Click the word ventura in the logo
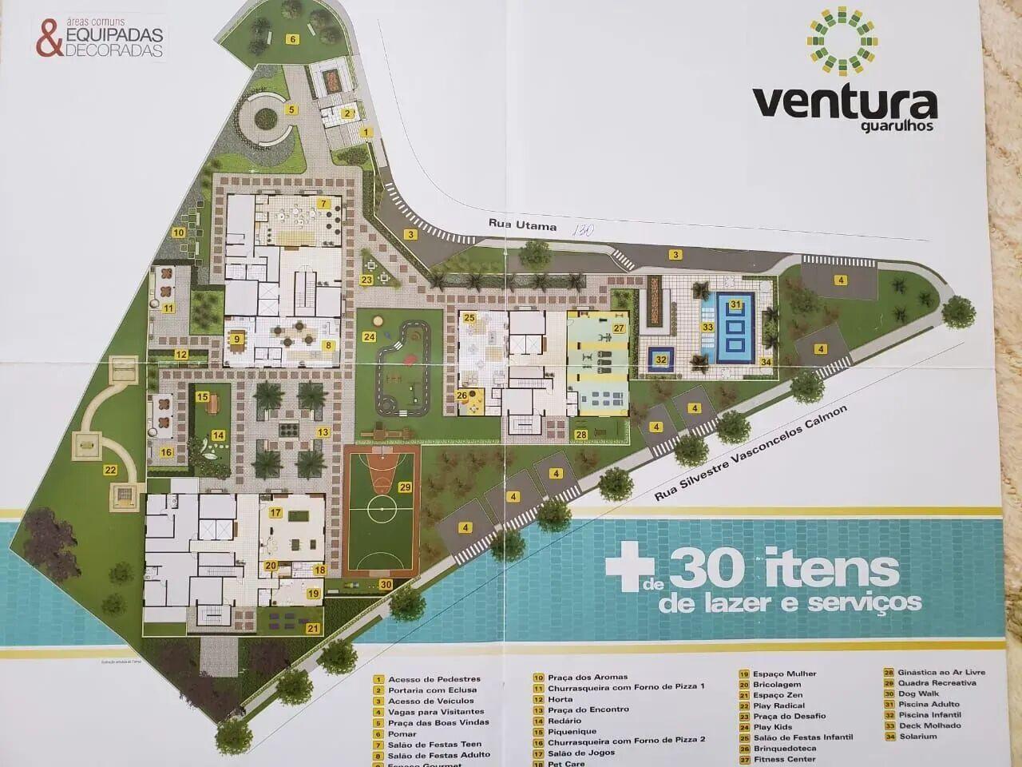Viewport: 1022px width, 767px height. pyautogui.click(x=844, y=103)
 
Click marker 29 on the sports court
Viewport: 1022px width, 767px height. pyautogui.click(x=406, y=487)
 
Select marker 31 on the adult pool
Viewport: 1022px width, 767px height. pyautogui.click(x=736, y=304)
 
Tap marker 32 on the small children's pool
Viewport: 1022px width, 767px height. pyautogui.click(x=661, y=360)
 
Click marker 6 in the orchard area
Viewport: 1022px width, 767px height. pyautogui.click(x=292, y=39)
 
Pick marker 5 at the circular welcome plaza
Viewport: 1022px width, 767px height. pyautogui.click(x=292, y=109)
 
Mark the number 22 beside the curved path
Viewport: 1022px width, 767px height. pyautogui.click(x=110, y=471)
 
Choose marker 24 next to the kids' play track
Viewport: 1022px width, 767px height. pyautogui.click(x=369, y=336)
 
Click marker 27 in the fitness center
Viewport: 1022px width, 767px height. pyautogui.click(x=618, y=328)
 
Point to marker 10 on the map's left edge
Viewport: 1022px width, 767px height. pyautogui.click(x=180, y=232)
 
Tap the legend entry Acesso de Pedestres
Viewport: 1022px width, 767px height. pyautogui.click(x=434, y=679)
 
